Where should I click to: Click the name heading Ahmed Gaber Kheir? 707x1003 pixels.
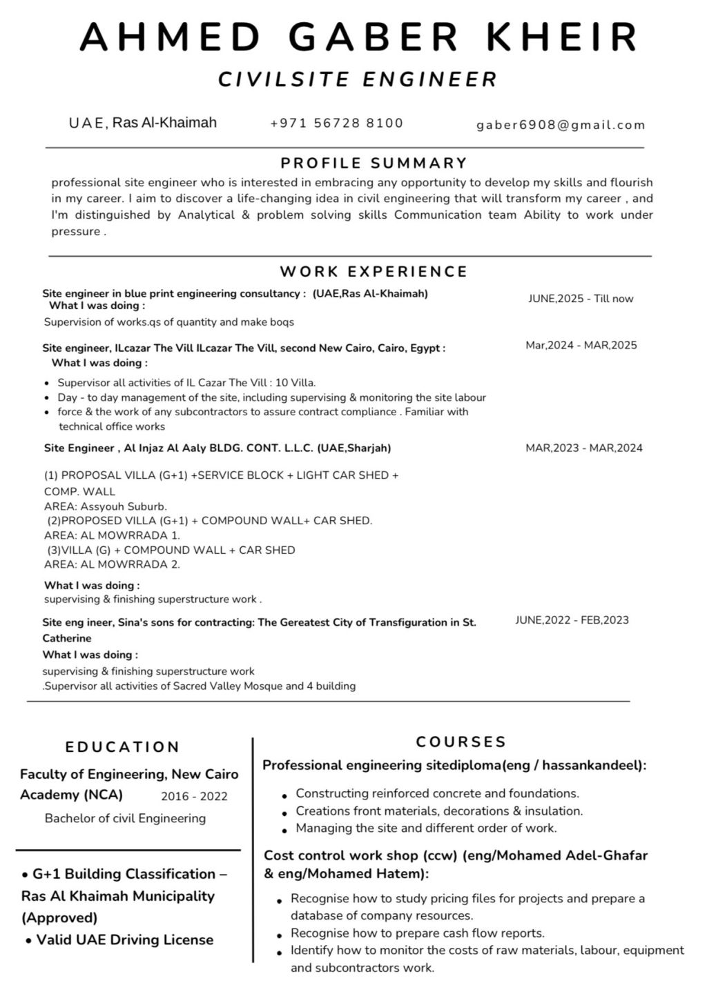point(359,37)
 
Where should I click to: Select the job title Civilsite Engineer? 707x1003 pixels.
point(358,79)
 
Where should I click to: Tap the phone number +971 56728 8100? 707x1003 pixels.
point(336,123)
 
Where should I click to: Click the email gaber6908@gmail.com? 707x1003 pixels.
point(561,125)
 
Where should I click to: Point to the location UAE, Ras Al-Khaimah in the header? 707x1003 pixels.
point(143,123)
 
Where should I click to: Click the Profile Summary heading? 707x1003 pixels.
point(374,163)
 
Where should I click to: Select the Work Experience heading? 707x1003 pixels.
point(374,271)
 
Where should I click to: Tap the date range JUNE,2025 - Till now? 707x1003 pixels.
point(581,299)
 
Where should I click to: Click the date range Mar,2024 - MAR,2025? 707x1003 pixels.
point(581,345)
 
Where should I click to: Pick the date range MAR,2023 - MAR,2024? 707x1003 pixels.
point(583,448)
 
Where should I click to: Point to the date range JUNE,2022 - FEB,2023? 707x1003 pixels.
point(572,619)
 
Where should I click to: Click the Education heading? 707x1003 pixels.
point(122,747)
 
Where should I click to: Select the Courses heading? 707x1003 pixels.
point(461,742)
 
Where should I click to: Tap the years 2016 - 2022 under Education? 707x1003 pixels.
point(194,796)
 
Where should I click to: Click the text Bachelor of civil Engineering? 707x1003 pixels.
point(125,818)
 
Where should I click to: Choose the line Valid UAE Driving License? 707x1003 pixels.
point(124,940)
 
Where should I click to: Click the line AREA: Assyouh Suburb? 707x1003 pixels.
point(105,506)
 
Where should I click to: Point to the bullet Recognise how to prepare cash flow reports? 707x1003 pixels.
point(417,933)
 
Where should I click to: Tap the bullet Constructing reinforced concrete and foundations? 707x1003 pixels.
point(437,793)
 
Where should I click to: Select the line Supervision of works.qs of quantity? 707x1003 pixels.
point(168,322)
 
